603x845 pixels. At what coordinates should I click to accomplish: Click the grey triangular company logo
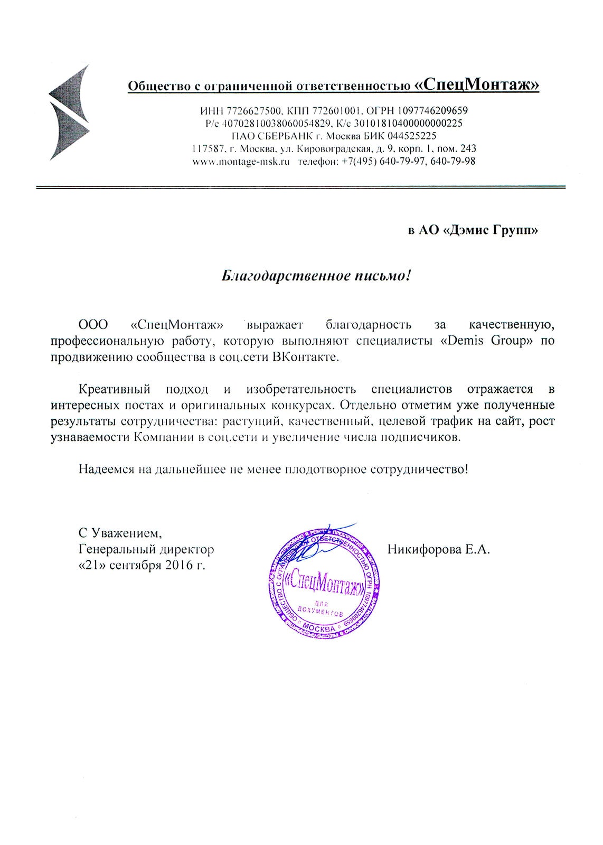69,112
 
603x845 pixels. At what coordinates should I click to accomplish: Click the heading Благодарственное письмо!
315,275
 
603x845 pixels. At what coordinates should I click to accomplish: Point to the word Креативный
115,389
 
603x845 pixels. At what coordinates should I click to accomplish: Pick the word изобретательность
301,389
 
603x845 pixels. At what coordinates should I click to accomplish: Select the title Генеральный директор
146,549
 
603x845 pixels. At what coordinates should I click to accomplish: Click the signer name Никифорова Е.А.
439,549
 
